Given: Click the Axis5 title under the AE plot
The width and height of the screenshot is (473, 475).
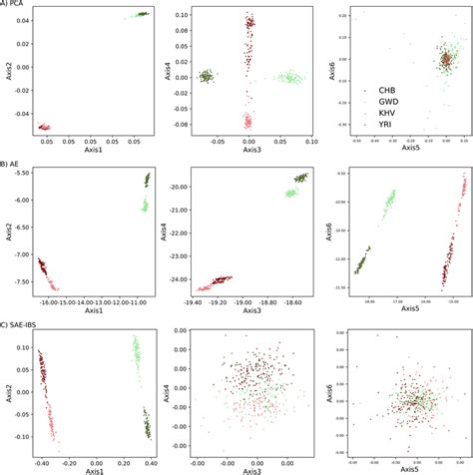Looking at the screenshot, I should click(x=409, y=312).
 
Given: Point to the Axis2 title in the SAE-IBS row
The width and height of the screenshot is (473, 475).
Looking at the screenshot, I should click(x=9, y=396).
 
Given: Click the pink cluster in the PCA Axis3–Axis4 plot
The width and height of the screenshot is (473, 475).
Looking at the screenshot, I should click(x=248, y=122).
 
